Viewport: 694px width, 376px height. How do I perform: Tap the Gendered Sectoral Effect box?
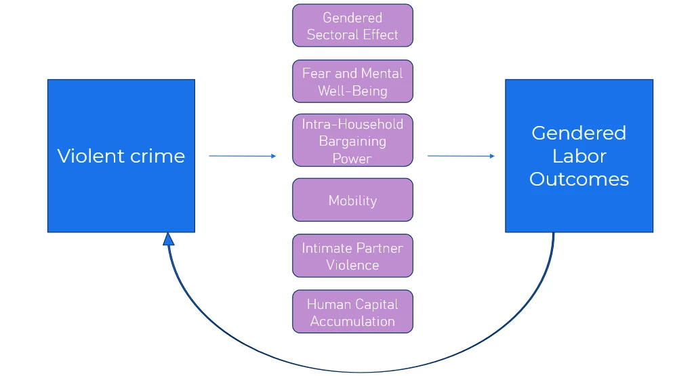[x=352, y=26]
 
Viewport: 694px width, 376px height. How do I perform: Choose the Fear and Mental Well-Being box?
[x=352, y=81]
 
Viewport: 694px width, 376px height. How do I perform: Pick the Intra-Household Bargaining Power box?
[x=352, y=140]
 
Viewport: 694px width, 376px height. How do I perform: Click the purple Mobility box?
[x=352, y=200]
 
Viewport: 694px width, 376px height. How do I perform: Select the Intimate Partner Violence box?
[x=352, y=256]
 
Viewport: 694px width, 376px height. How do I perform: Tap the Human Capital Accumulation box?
[x=352, y=312]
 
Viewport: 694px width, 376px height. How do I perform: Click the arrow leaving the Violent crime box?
[x=242, y=156]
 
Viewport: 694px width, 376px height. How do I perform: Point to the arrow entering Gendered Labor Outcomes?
[x=461, y=156]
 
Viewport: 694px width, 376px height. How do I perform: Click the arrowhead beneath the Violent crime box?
[x=169, y=238]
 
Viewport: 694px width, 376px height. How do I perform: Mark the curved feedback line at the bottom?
[x=359, y=371]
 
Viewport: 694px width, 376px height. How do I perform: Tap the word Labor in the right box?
[x=579, y=156]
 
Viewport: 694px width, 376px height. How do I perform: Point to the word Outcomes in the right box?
[x=579, y=179]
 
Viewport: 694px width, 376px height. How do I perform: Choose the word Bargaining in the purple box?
[x=352, y=141]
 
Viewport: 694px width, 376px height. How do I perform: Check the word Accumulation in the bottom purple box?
[x=352, y=321]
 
